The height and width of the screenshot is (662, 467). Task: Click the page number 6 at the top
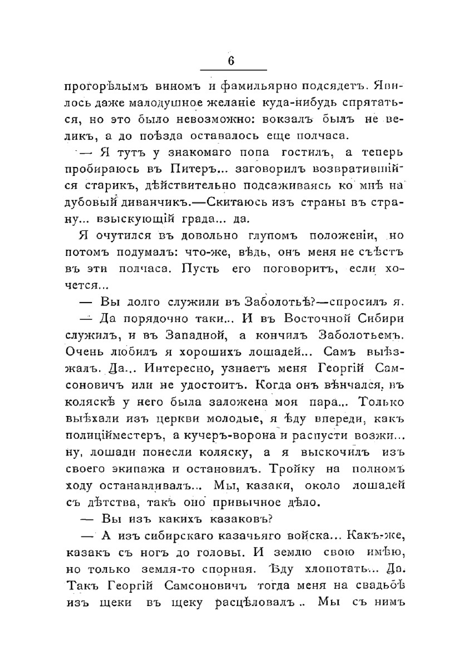pyautogui.click(x=231, y=61)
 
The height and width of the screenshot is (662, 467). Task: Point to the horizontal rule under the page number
pyautogui.click(x=233, y=70)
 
